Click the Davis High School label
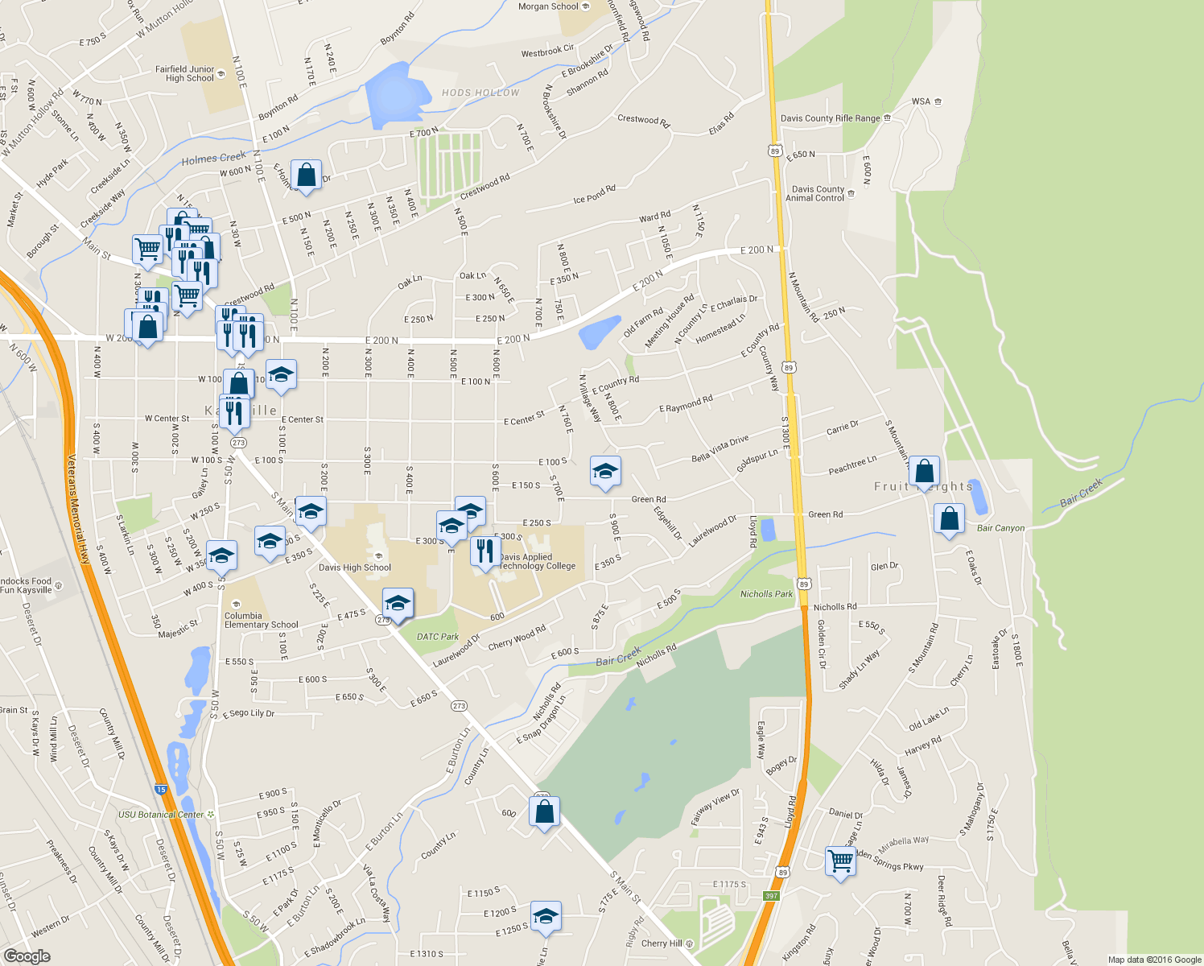click(x=355, y=568)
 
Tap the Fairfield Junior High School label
click(x=185, y=74)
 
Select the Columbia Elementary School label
click(x=261, y=620)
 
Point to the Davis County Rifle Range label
click(x=831, y=118)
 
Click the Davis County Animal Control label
click(x=815, y=193)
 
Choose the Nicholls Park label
click(x=766, y=594)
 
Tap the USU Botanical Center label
click(x=161, y=815)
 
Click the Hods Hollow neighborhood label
click(x=480, y=93)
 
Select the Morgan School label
click(x=548, y=6)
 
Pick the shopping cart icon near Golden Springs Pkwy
click(x=840, y=861)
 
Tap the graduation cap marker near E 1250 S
click(x=546, y=916)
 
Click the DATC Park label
click(x=438, y=637)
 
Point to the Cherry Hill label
click(x=662, y=943)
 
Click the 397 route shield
click(x=771, y=896)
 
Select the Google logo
click(x=27, y=956)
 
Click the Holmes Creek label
click(x=213, y=159)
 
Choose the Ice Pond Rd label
click(x=594, y=194)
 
